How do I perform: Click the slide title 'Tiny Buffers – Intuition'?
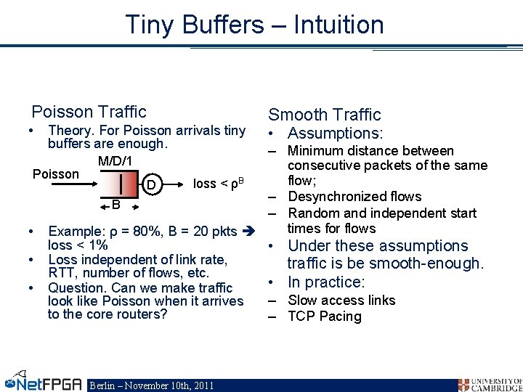(x=254, y=25)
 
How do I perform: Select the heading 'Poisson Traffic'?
(x=89, y=112)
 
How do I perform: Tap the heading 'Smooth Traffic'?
(x=325, y=115)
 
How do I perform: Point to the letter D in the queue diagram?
(x=150, y=185)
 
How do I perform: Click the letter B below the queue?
(x=115, y=205)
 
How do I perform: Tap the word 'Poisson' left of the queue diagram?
(x=56, y=174)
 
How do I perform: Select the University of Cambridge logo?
(x=490, y=384)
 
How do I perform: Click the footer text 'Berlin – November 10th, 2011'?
(x=150, y=385)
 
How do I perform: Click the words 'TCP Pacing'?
(x=325, y=317)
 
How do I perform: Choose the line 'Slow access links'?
(x=341, y=301)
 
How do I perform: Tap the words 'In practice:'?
(x=326, y=282)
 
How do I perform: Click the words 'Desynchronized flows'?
(x=354, y=197)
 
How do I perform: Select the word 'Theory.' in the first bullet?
(x=68, y=131)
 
